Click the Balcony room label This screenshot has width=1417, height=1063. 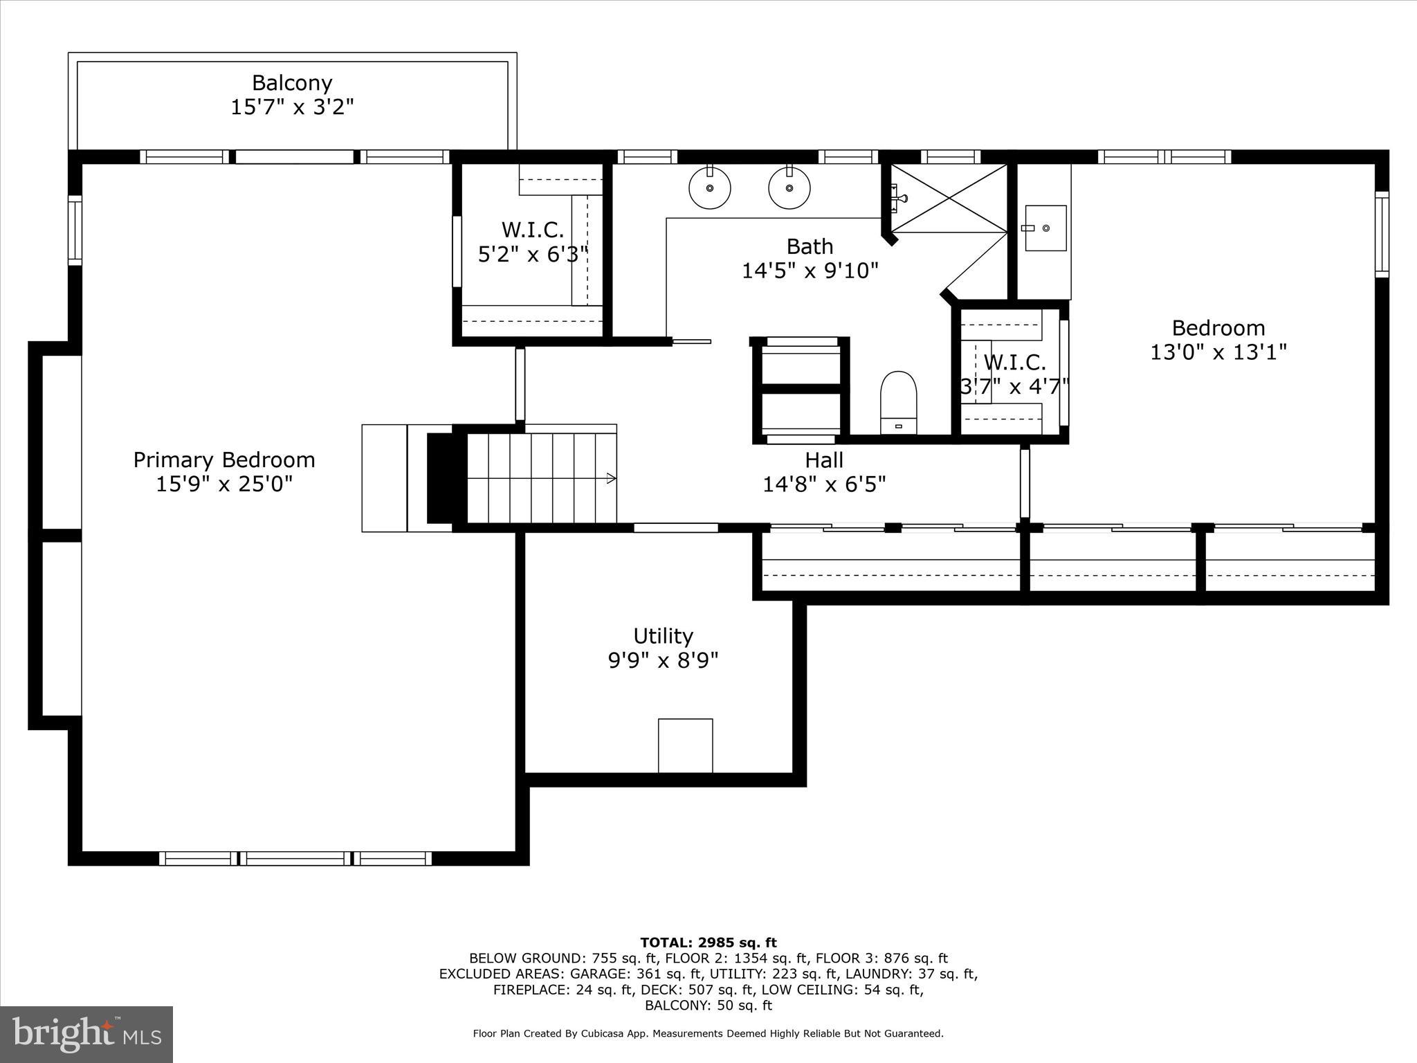click(292, 83)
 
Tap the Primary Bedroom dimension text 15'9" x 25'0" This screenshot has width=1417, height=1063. click(223, 484)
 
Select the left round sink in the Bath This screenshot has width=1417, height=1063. click(710, 188)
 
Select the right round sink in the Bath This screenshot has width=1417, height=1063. click(789, 188)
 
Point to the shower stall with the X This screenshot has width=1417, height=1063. click(949, 198)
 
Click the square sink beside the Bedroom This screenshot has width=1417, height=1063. click(1045, 228)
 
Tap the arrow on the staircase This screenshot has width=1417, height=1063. click(611, 478)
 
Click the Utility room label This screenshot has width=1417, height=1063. click(663, 635)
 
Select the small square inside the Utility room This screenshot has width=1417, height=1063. click(685, 745)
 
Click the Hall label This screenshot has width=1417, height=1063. click(824, 460)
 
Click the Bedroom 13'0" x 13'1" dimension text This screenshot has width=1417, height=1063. click(1218, 352)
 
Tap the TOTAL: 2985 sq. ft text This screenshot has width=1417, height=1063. click(708, 943)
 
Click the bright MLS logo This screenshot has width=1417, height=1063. click(86, 1034)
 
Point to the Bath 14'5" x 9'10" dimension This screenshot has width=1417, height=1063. click(810, 271)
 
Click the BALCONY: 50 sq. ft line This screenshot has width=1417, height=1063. click(708, 1006)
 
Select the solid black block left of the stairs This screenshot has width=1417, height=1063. click(439, 478)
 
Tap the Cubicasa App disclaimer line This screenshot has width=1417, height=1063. click(708, 1034)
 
